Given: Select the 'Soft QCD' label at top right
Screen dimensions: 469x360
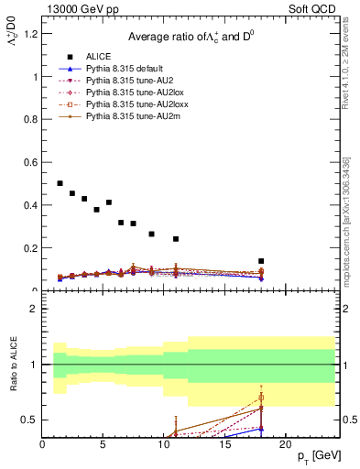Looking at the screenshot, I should [314, 10].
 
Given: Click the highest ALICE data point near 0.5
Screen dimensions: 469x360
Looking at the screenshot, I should [60, 183].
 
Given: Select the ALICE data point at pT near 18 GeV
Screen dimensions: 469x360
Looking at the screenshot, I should [261, 261].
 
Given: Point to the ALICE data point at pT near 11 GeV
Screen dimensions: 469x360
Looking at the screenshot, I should [176, 239].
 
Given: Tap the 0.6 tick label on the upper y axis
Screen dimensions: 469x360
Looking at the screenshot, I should [30, 163].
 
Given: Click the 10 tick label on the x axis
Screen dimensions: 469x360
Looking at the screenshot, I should [164, 444].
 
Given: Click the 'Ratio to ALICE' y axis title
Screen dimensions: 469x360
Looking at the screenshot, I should [13, 364].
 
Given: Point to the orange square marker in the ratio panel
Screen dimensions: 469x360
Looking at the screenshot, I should [261, 398].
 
